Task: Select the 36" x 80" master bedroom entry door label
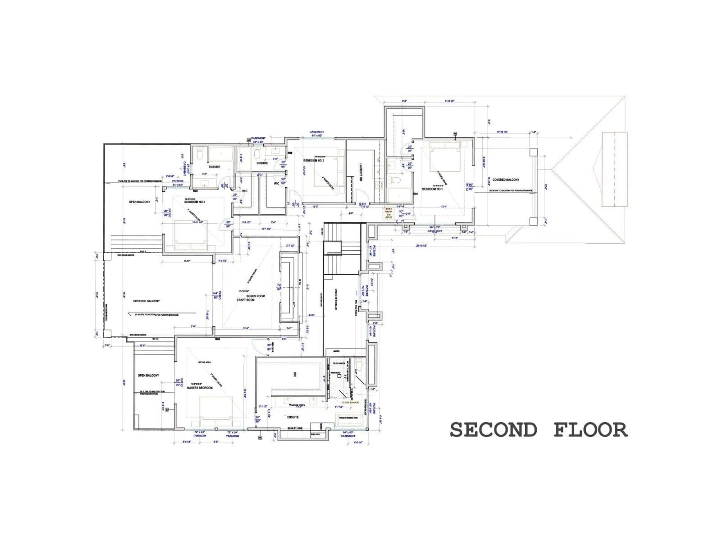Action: coord(269,347)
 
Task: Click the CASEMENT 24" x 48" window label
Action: coord(258,140)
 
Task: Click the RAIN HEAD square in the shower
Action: coord(339,376)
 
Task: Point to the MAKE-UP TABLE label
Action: coord(295,428)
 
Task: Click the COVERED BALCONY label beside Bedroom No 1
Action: coord(506,180)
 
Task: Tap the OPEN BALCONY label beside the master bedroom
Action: coord(148,375)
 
